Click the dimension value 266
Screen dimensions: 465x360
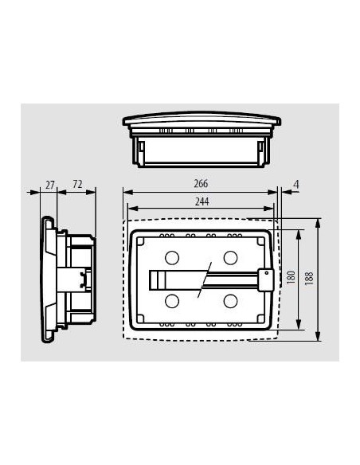(201, 184)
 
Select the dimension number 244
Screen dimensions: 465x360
(201, 202)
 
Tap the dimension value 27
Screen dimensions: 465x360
(50, 185)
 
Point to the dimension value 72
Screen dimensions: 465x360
(78, 185)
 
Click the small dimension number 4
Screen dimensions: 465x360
(296, 185)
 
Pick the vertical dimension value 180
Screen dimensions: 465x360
(292, 278)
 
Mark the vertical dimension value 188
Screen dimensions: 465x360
(311, 278)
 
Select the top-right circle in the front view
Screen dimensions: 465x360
(231, 257)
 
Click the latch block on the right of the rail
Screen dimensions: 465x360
(266, 278)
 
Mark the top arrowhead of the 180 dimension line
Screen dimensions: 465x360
(299, 232)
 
